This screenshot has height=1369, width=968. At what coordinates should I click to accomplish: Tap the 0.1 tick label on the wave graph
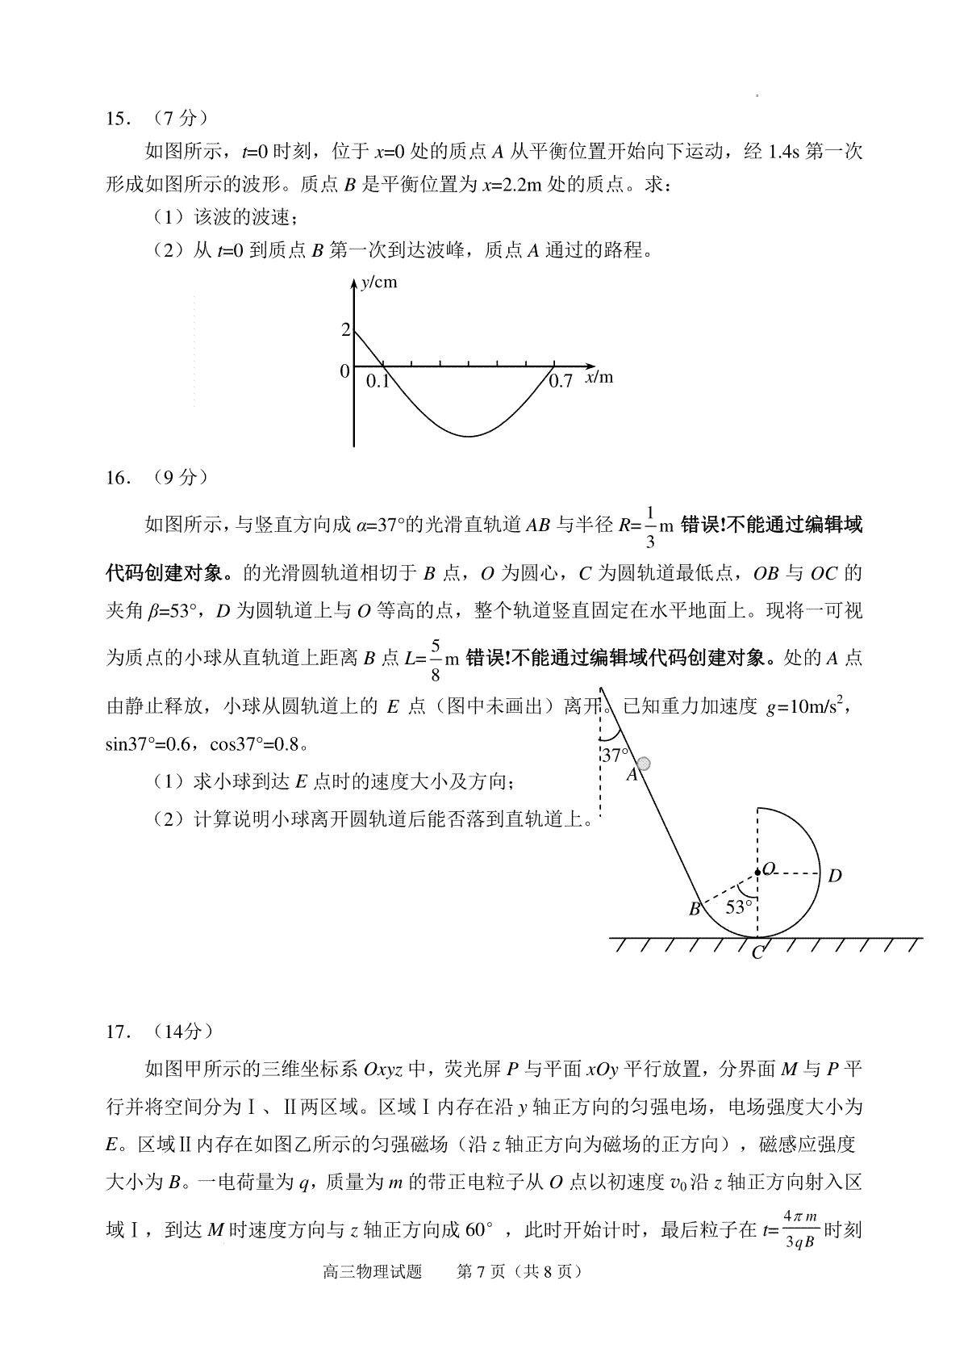click(x=378, y=381)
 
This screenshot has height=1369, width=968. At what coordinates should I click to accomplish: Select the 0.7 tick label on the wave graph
click(x=560, y=381)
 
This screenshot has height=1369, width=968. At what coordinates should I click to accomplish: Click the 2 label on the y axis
click(x=345, y=329)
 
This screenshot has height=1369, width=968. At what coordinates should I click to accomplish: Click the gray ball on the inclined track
click(x=644, y=764)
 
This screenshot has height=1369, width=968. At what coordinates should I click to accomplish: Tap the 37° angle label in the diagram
click(x=615, y=756)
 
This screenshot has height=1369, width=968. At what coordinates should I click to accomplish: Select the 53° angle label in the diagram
click(x=738, y=907)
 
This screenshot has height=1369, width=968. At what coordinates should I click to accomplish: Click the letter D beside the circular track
click(x=835, y=876)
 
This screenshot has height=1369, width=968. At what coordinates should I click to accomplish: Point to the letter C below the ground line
click(x=757, y=953)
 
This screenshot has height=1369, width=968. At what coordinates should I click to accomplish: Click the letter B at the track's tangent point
click(x=694, y=910)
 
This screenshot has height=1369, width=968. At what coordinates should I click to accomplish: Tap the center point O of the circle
click(x=757, y=872)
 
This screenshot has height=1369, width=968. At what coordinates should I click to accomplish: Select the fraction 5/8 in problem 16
click(x=436, y=659)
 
